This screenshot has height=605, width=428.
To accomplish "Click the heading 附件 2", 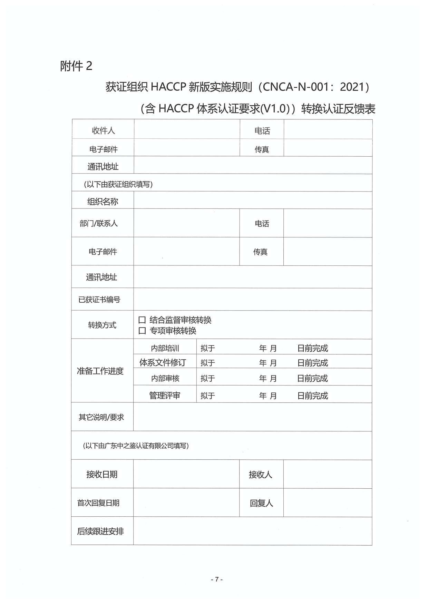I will point(76,66).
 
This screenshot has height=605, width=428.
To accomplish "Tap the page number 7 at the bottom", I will point(217,579).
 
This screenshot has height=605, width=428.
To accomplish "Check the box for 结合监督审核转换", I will point(142,320).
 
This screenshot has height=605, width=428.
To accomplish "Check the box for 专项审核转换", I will point(142,331).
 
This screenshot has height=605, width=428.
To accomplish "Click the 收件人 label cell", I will point(103,130).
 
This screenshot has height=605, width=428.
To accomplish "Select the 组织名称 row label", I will point(103,202).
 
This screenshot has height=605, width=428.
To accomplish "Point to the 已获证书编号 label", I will point(99,300).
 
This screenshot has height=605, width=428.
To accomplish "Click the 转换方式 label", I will point(102,325).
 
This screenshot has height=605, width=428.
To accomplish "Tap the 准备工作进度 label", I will point(100,371).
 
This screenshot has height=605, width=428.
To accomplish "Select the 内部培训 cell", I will point(165,348).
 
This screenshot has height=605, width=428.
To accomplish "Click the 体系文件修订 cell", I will point(163,362).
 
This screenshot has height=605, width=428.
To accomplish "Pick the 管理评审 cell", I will point(165,396).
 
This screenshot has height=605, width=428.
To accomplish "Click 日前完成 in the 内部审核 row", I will point(312,378).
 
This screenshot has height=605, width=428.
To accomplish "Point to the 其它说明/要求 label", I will point(101,417).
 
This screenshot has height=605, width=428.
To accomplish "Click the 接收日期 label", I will point(102,474).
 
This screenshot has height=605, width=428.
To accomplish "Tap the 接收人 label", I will point(261,475).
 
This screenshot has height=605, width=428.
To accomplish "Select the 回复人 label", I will point(261,503).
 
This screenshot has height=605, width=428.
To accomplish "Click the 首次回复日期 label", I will point(98,503).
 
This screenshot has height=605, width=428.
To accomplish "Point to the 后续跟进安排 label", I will point(100,531).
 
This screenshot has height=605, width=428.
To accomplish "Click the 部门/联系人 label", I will point(99,224).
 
